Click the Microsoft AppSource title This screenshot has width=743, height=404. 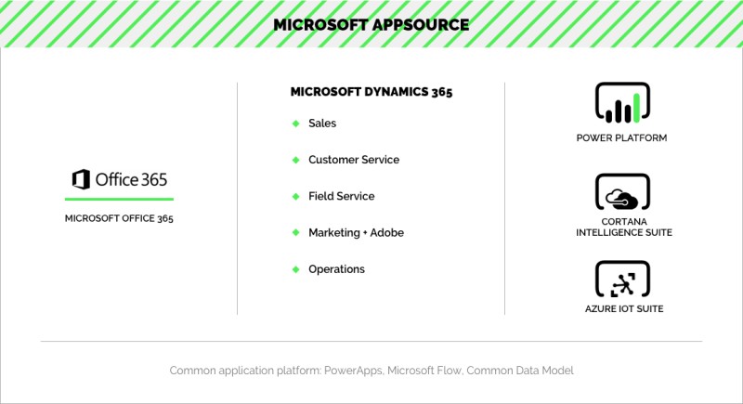pos(371,25)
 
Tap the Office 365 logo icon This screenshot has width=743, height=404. pos(81,179)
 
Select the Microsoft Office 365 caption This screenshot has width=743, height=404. pos(119,218)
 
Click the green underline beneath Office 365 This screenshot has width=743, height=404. pos(119,199)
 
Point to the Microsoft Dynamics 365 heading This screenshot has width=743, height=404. pos(371,91)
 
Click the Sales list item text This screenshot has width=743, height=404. pos(322,124)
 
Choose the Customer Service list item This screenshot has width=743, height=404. pos(354,160)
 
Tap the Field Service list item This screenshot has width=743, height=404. pos(341,196)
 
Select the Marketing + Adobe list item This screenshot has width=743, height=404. pos(356,232)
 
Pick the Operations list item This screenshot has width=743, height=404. pos(336,269)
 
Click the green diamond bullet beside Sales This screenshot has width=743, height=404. pos(296,124)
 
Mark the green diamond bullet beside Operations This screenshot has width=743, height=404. pos(296,269)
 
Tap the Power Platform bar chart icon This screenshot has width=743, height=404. pos(622,102)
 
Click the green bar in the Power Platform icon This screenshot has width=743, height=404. pos(637,108)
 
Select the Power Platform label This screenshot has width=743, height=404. pos(621,137)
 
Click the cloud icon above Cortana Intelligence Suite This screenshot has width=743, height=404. pos(622,199)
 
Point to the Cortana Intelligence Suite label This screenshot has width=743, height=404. pos(624,227)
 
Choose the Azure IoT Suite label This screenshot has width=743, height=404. pos(624,308)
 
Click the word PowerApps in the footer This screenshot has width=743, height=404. pos(353,371)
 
